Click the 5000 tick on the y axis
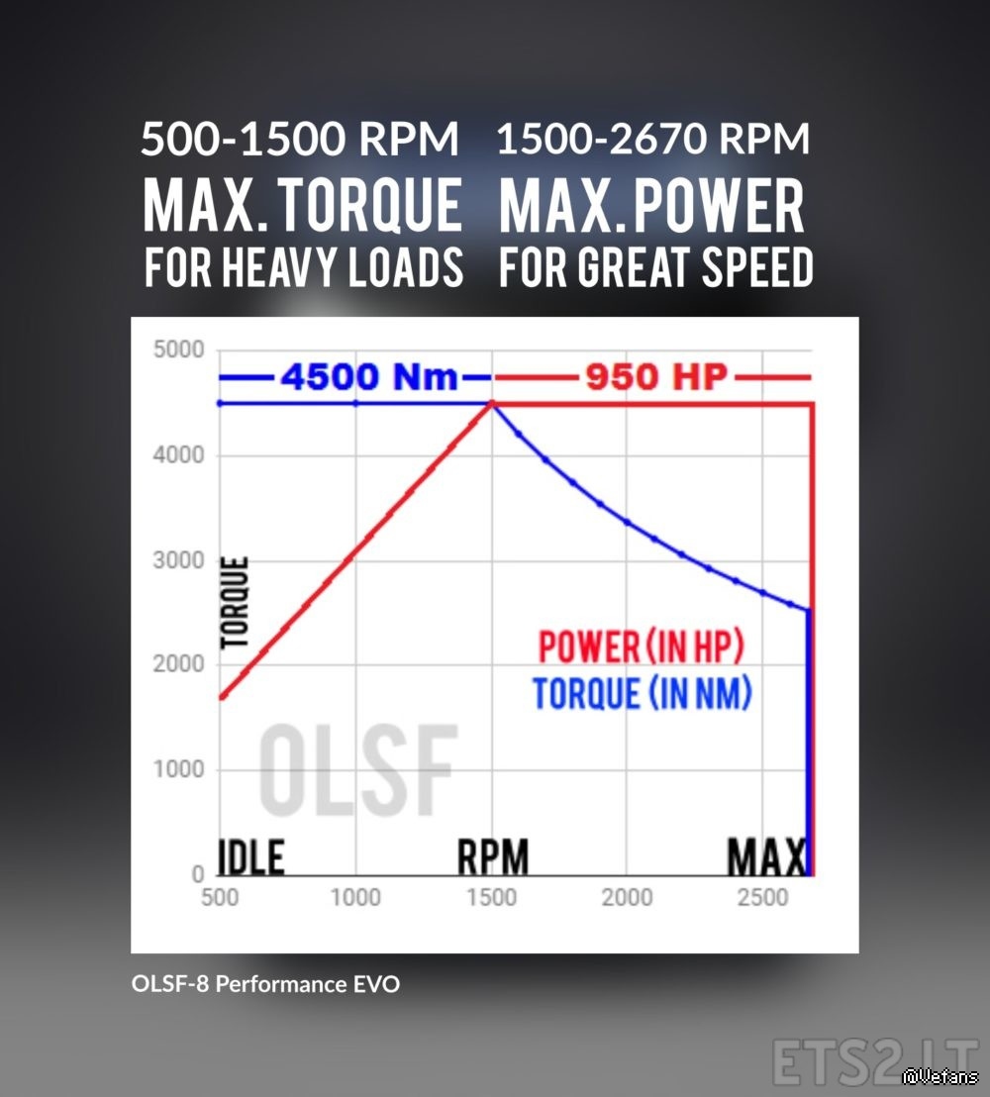click(x=178, y=350)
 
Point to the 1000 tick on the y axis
click(x=178, y=769)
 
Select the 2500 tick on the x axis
click(x=762, y=897)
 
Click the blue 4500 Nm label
click(x=368, y=377)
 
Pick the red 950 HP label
click(x=656, y=377)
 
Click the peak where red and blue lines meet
click(x=492, y=403)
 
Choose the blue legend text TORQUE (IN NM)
click(x=642, y=693)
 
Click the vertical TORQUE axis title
click(x=236, y=603)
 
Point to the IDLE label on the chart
click(x=251, y=857)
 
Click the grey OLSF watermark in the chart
click(x=357, y=767)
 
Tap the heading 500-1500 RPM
click(x=300, y=140)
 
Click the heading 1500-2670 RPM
click(x=653, y=140)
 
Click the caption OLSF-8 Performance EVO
click(x=265, y=984)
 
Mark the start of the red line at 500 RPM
click(x=221, y=697)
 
